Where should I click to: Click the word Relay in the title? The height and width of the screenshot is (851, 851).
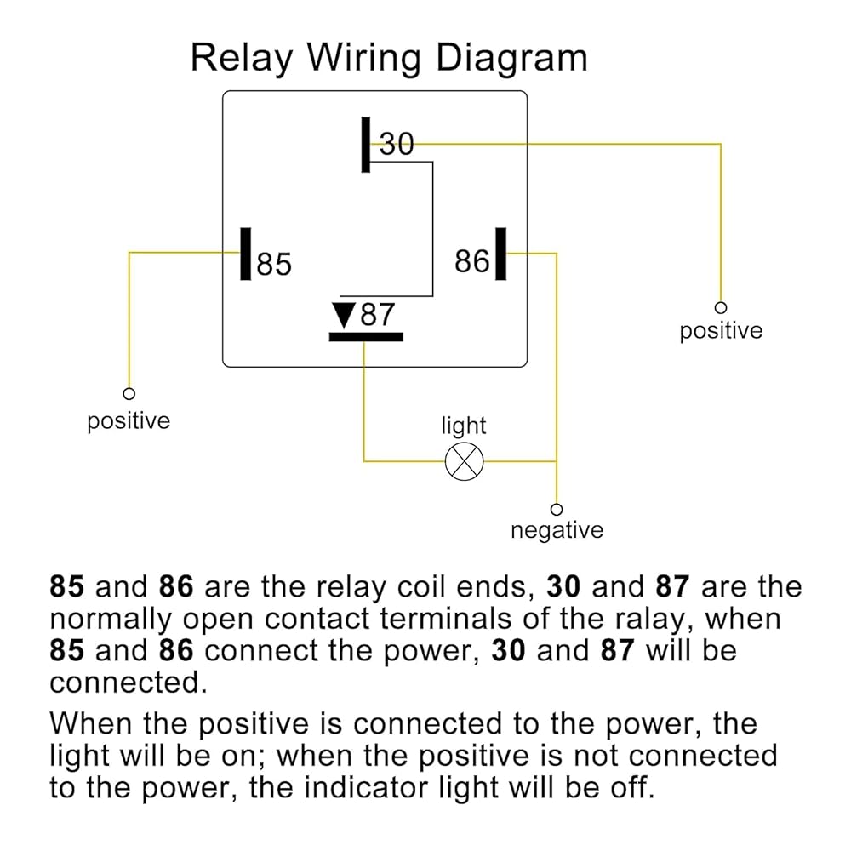[x=242, y=59]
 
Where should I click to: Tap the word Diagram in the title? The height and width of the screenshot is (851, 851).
[x=511, y=59]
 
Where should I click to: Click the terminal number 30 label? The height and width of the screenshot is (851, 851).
[x=397, y=144]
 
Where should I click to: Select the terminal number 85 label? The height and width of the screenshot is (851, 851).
[x=274, y=265]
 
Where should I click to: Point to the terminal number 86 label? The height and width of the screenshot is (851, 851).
[x=472, y=261]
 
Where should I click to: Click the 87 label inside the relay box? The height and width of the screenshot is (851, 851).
[x=378, y=314]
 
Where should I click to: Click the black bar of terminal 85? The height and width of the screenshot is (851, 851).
[x=246, y=254]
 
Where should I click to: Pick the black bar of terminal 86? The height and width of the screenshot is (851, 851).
[x=501, y=254]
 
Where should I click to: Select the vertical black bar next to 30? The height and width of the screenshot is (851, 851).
[x=366, y=145]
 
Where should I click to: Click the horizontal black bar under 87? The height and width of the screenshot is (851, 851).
[x=366, y=337]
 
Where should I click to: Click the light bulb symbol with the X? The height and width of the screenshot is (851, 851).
[x=464, y=461]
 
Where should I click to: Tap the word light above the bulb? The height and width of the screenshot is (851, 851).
[x=464, y=426]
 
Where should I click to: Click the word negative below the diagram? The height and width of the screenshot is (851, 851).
[x=557, y=530]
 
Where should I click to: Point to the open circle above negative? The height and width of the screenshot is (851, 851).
[x=557, y=510]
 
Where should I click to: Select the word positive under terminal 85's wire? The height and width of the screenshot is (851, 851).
[x=129, y=421]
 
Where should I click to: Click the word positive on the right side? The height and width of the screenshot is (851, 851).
[x=721, y=330]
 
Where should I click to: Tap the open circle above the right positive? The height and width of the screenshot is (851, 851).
[x=721, y=308]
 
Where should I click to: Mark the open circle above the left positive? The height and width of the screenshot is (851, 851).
[x=129, y=393]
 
